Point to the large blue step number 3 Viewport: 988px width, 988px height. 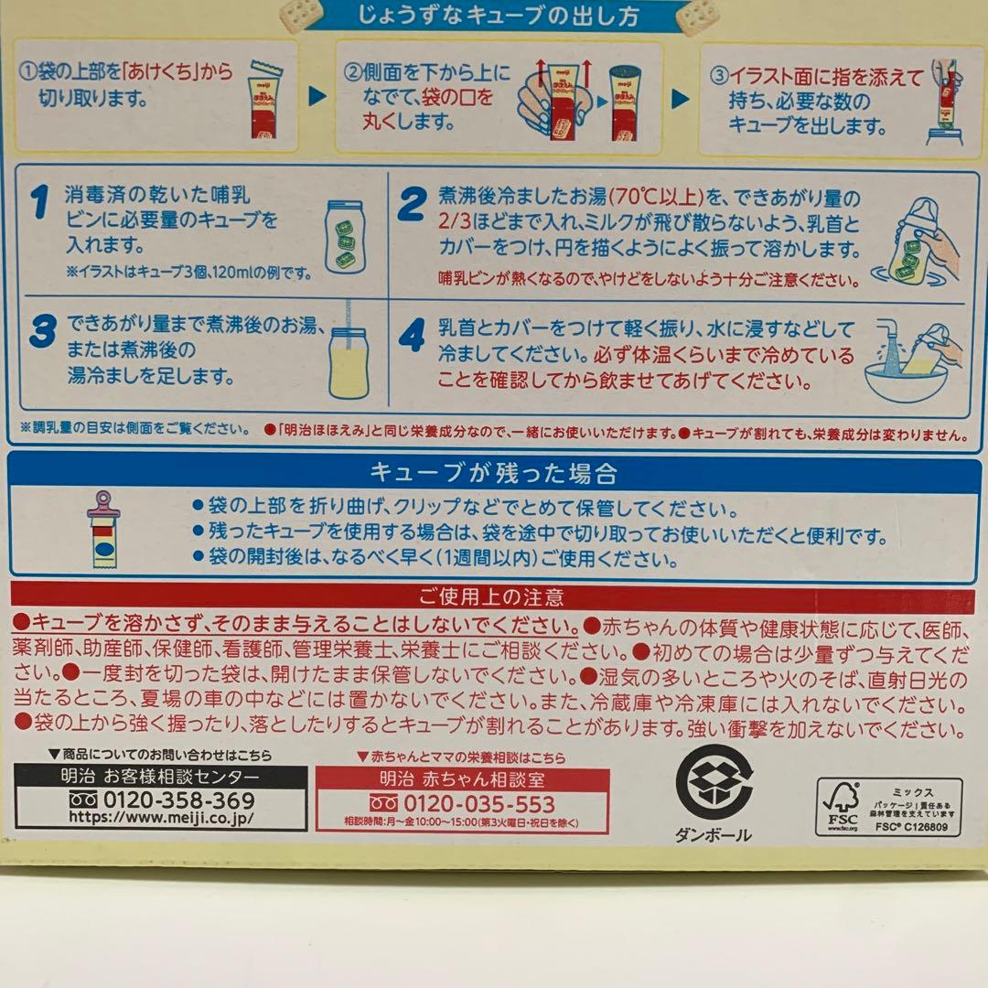pyautogui.click(x=41, y=331)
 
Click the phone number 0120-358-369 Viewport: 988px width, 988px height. pyautogui.click(x=171, y=800)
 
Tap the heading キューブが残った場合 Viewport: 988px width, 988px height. pyautogui.click(x=493, y=473)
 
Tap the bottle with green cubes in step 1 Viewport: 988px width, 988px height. pyautogui.click(x=346, y=236)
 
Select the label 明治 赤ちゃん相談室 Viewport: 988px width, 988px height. pyautogui.click(x=462, y=779)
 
